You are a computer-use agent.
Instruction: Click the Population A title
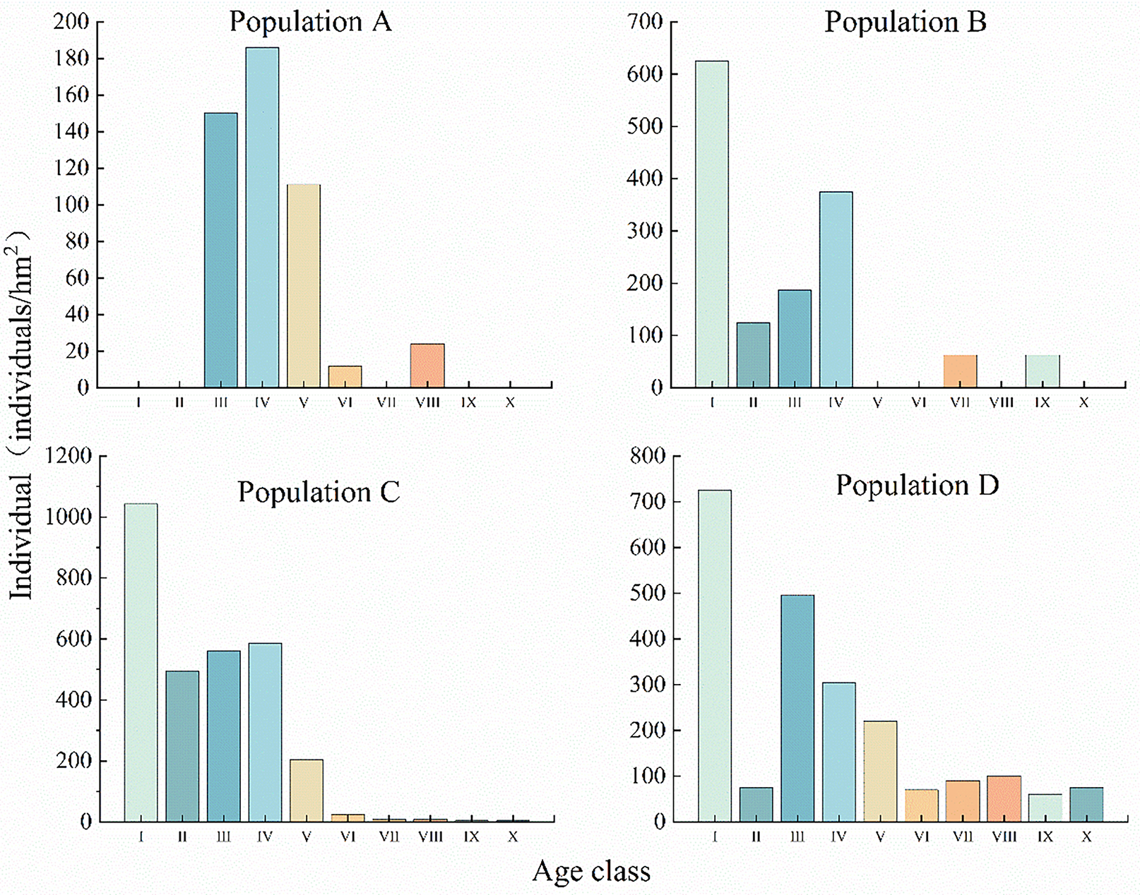click(x=310, y=22)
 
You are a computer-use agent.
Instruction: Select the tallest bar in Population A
click(x=262, y=217)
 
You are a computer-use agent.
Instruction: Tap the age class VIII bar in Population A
click(x=427, y=366)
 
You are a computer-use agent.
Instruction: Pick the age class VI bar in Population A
click(x=345, y=377)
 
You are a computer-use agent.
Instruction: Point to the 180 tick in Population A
click(x=71, y=59)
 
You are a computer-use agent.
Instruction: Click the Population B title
click(x=905, y=22)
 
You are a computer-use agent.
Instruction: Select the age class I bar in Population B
click(x=712, y=224)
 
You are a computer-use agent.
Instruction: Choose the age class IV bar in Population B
click(x=836, y=289)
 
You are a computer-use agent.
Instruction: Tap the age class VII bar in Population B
click(x=960, y=371)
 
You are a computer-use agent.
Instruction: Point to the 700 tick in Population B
click(x=645, y=22)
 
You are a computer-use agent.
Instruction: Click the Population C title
click(x=319, y=492)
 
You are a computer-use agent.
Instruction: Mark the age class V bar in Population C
click(x=307, y=791)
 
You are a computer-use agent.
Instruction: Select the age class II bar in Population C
click(x=182, y=746)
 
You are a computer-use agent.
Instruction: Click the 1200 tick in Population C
click(x=69, y=456)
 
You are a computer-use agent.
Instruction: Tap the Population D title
click(x=918, y=486)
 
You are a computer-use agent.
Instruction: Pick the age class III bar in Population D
click(x=797, y=708)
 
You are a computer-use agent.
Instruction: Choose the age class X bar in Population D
click(x=1086, y=805)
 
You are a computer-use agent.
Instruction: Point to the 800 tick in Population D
click(x=648, y=456)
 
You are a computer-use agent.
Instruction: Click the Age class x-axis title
click(x=591, y=872)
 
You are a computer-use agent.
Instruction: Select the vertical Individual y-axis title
click(x=20, y=416)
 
